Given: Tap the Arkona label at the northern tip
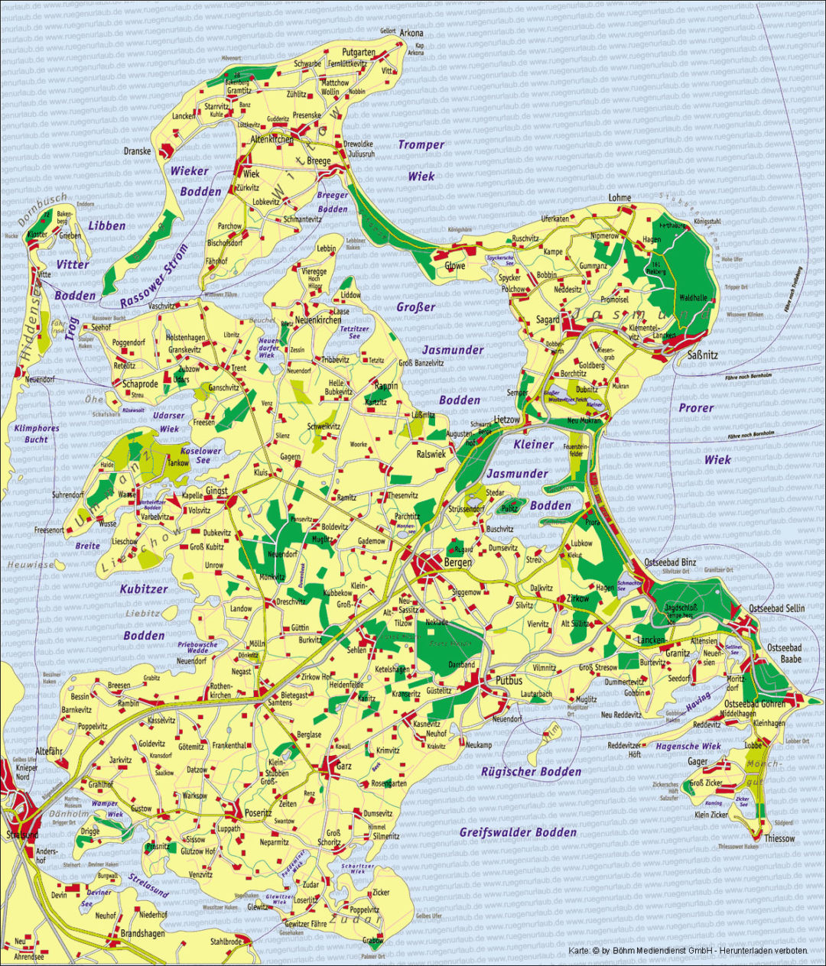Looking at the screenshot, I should coord(411,34).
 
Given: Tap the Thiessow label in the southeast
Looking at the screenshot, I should coord(779,838).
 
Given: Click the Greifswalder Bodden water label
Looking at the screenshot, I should coord(518,831).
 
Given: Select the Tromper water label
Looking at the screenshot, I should coord(421,144).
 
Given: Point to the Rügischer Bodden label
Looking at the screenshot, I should coord(531,771).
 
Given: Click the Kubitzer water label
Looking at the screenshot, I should coord(144,589).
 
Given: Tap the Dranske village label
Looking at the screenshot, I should coord(138,151).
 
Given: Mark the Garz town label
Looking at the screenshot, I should coord(344,766).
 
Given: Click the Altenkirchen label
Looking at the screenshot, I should coord(272,140).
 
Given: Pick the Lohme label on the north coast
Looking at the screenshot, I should coord(619,198).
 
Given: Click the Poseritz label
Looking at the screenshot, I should coord(257,813).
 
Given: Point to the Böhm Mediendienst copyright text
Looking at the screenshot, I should coord(688,951).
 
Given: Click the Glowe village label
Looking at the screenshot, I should coord(454,266).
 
